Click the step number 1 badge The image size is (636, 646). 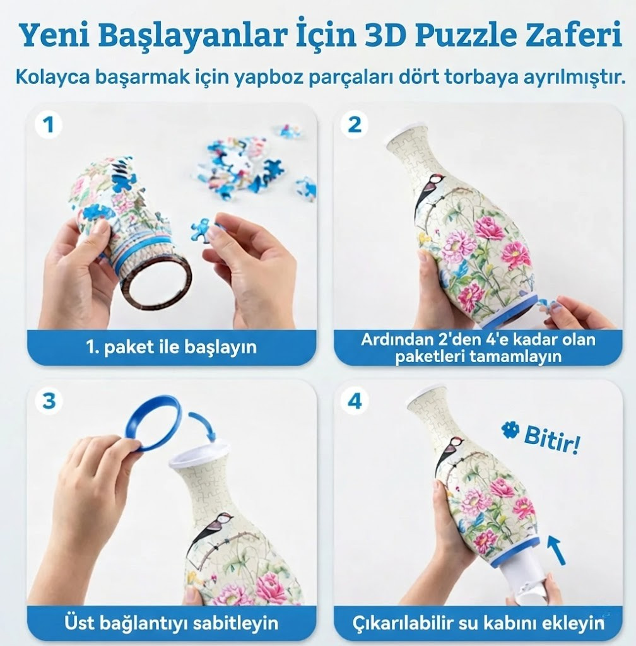click(x=48, y=125)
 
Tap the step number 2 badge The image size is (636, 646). click(x=355, y=125)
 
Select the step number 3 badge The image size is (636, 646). click(x=48, y=400)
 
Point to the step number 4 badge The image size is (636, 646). click(x=355, y=401)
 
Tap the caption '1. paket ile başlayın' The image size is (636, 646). click(x=171, y=347)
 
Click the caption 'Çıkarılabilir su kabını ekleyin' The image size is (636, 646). click(x=478, y=623)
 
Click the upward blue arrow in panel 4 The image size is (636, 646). click(x=555, y=549)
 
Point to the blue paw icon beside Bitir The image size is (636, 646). click(x=509, y=431)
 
